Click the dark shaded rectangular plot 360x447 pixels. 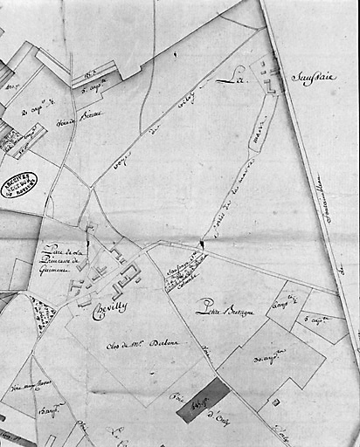[x=204, y=403]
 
